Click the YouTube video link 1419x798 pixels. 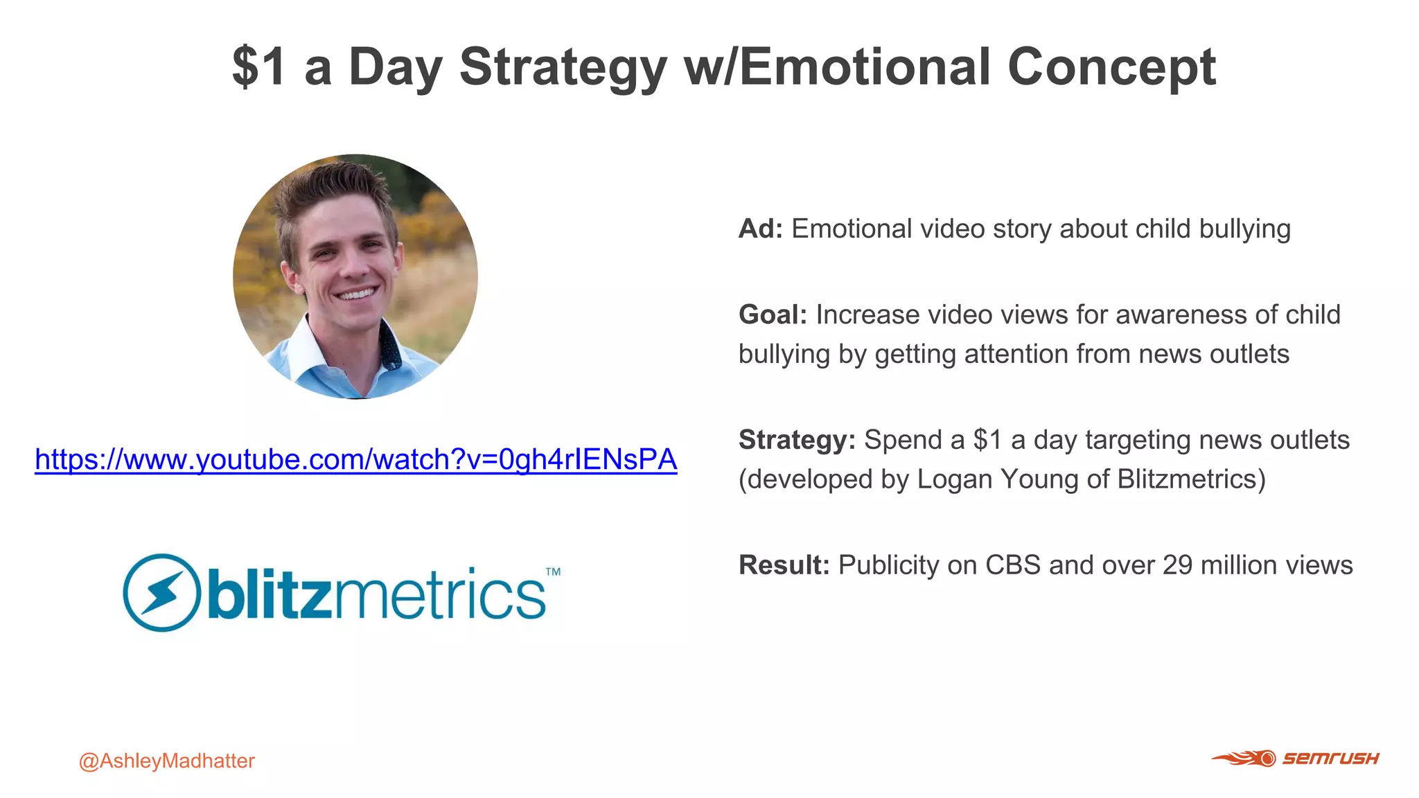pos(355,460)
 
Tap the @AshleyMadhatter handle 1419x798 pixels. pos(166,761)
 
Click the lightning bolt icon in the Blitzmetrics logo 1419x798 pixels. pos(161,592)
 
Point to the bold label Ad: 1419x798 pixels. pos(760,229)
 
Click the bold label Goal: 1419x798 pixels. pos(773,315)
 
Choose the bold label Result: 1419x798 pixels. pos(784,565)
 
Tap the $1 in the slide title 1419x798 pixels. pos(258,67)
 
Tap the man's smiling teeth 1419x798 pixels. pos(356,294)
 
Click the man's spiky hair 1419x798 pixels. pos(333,187)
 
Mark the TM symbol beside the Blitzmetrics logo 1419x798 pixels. pos(553,572)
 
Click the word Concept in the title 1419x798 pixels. pos(1111,67)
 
